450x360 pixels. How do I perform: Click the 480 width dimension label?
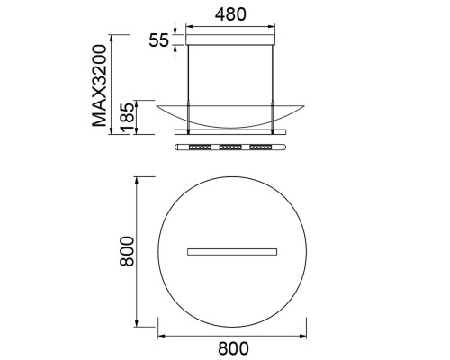[x=230, y=14]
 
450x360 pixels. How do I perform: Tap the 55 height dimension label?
[x=159, y=40]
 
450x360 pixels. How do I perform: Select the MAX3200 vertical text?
[x=100, y=85]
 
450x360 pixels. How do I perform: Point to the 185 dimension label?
[x=127, y=118]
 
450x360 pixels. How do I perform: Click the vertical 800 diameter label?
[x=127, y=251]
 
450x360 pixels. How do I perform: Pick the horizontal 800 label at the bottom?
[x=233, y=348]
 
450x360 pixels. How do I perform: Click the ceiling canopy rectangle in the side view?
[x=230, y=40]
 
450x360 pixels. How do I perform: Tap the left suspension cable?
[x=188, y=88]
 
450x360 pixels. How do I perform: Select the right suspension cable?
[x=273, y=88]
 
